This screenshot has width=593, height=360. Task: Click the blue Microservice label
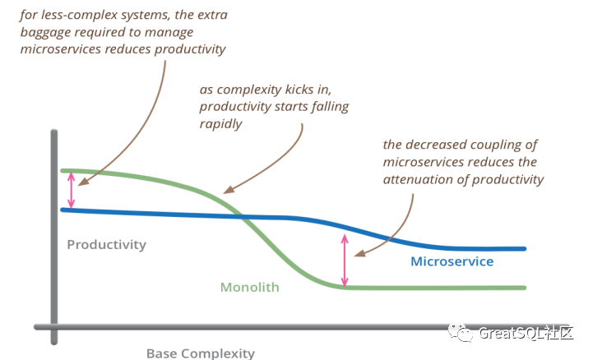pyautogui.click(x=452, y=261)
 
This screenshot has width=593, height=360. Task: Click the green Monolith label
pyautogui.click(x=249, y=288)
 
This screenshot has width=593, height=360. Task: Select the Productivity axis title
pyautogui.click(x=106, y=244)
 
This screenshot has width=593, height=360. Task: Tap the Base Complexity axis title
pyautogui.click(x=200, y=353)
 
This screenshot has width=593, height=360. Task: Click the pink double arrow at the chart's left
pyautogui.click(x=72, y=190)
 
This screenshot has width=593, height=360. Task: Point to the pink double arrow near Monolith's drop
pyautogui.click(x=345, y=258)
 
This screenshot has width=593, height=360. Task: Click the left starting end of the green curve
pyautogui.click(x=63, y=170)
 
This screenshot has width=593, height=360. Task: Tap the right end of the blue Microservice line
pyautogui.click(x=523, y=248)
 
